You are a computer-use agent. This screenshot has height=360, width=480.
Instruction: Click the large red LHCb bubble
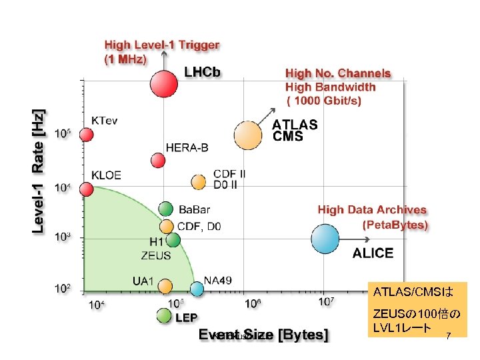pyautogui.click(x=163, y=83)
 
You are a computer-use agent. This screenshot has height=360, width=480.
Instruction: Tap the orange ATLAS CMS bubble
pyautogui.click(x=248, y=135)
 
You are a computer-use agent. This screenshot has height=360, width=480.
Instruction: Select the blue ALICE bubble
pyautogui.click(x=325, y=239)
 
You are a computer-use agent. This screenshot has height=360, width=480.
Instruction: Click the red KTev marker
pyautogui.click(x=87, y=134)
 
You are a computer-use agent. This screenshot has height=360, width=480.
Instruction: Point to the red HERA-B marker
pyautogui.click(x=158, y=160)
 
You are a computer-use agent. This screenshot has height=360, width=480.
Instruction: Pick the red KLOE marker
pyautogui.click(x=87, y=189)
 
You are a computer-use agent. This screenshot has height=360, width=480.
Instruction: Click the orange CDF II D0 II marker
pyautogui.click(x=198, y=181)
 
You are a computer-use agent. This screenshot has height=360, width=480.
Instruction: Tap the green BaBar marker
pyautogui.click(x=167, y=209)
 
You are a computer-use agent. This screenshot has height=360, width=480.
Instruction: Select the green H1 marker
pyautogui.click(x=173, y=239)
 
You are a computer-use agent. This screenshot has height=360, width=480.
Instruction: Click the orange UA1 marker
pyautogui.click(x=165, y=285)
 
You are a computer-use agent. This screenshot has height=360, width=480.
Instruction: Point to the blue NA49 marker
pyautogui.click(x=197, y=289)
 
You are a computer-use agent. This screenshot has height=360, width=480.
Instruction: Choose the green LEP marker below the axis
pyautogui.click(x=165, y=316)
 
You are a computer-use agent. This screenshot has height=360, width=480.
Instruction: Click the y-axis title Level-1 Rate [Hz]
pyautogui.click(x=40, y=171)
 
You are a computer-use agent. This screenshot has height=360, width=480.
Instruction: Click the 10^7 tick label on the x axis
pyautogui.click(x=327, y=302)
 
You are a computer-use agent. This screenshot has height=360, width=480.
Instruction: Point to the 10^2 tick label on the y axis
pyautogui.click(x=63, y=289)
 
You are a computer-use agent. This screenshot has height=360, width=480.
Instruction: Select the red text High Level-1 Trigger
pyautogui.click(x=161, y=45)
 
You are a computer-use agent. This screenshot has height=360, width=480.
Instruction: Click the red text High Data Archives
pyautogui.click(x=372, y=210)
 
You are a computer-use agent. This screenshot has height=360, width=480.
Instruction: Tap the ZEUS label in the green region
pyautogui.click(x=155, y=255)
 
